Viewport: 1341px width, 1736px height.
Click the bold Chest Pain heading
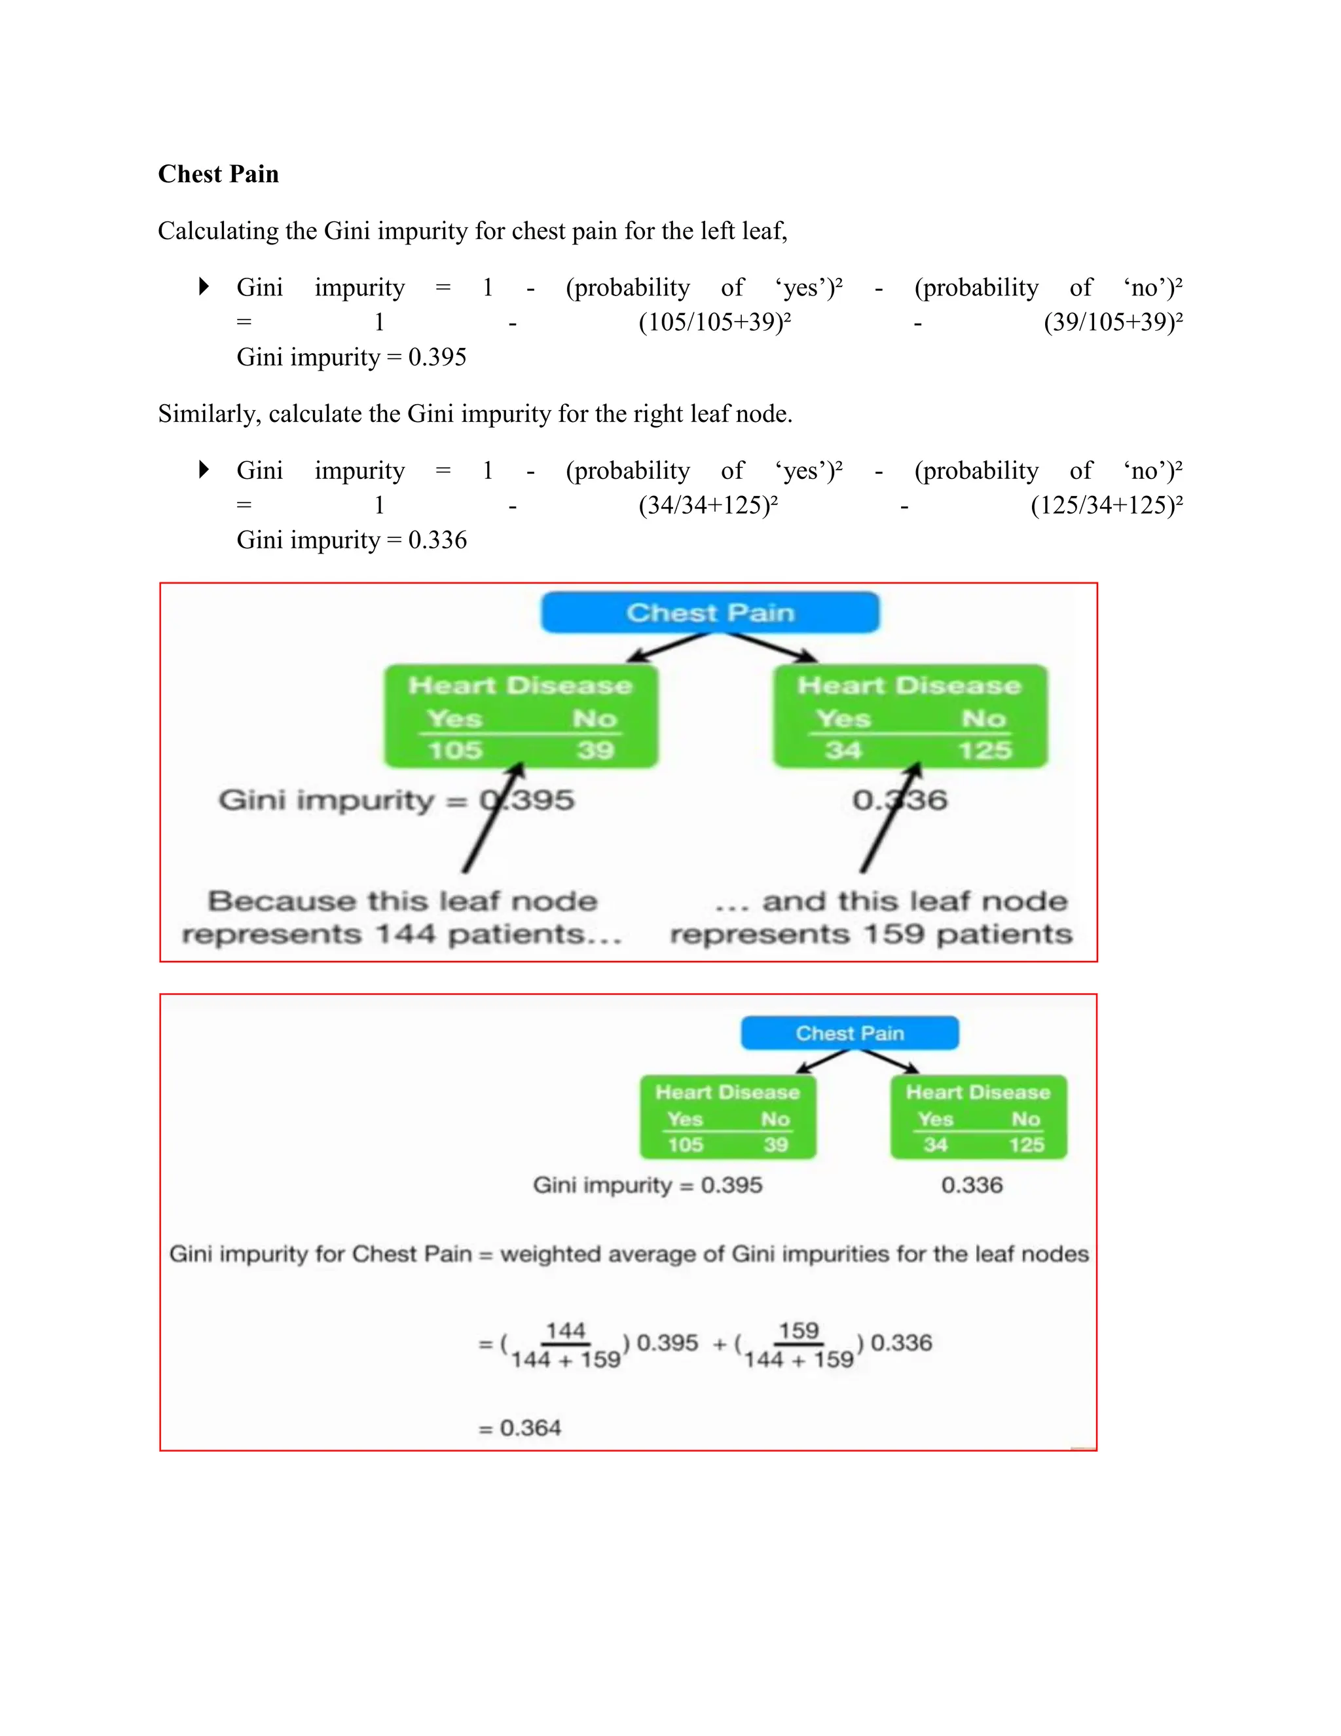(219, 174)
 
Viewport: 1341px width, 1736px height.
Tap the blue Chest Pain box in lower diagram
(849, 1033)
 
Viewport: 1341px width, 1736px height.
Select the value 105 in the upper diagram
(455, 750)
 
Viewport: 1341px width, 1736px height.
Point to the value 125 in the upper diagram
(984, 750)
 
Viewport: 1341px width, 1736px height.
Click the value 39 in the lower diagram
(775, 1144)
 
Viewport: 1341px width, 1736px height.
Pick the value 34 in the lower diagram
(935, 1144)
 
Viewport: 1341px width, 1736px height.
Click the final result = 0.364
(521, 1428)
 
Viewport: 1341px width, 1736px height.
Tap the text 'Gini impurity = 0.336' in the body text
(352, 540)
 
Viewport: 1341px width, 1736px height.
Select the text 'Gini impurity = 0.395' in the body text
(352, 358)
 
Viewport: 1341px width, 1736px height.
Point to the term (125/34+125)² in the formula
(1106, 506)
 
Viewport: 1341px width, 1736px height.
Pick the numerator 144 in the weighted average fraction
(566, 1330)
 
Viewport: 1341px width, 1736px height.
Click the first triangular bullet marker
(204, 286)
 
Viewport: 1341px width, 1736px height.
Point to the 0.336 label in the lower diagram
(972, 1185)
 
